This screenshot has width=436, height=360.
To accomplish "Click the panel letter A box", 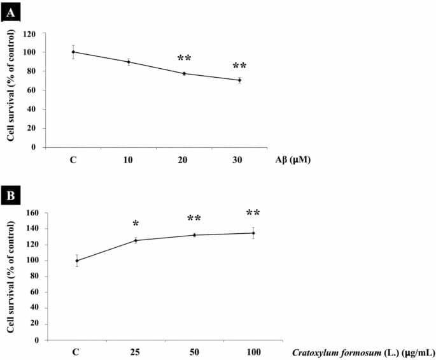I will tap(10, 10).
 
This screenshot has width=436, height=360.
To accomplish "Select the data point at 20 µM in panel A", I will tap(184, 73).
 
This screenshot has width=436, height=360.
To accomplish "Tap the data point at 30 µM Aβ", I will tap(239, 80).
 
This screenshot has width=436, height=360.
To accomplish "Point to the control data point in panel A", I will tap(73, 52).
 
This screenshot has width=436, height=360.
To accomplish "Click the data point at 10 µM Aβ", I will tap(129, 62).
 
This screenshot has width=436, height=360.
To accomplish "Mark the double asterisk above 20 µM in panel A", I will tap(184, 59).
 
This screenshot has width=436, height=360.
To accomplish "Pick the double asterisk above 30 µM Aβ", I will tap(239, 66).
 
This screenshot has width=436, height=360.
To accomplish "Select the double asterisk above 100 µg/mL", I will tap(253, 213).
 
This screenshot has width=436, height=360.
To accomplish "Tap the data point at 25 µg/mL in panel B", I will tap(136, 240).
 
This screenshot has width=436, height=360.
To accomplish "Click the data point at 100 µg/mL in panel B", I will tap(253, 233).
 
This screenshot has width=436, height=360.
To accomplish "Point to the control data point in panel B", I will tap(77, 260).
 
